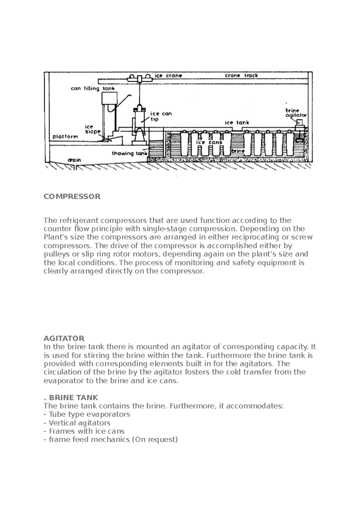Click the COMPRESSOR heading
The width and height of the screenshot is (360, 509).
[72, 197]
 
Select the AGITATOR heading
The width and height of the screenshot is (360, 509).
[64, 338]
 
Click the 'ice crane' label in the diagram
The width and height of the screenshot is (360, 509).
[168, 76]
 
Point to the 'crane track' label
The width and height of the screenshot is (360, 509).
[241, 76]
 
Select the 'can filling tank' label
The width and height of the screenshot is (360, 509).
[92, 89]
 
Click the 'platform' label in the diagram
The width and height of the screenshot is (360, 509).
[65, 137]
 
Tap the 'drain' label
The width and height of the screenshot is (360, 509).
[74, 160]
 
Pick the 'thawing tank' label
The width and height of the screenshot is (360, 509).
[130, 153]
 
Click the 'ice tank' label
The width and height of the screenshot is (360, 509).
[237, 123]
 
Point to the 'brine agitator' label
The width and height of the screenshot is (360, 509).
[296, 113]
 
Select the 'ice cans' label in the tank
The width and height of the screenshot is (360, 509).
[209, 142]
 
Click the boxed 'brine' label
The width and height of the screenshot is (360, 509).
[238, 151]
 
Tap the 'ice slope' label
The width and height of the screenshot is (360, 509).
[92, 129]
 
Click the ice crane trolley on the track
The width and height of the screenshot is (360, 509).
[140, 79]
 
